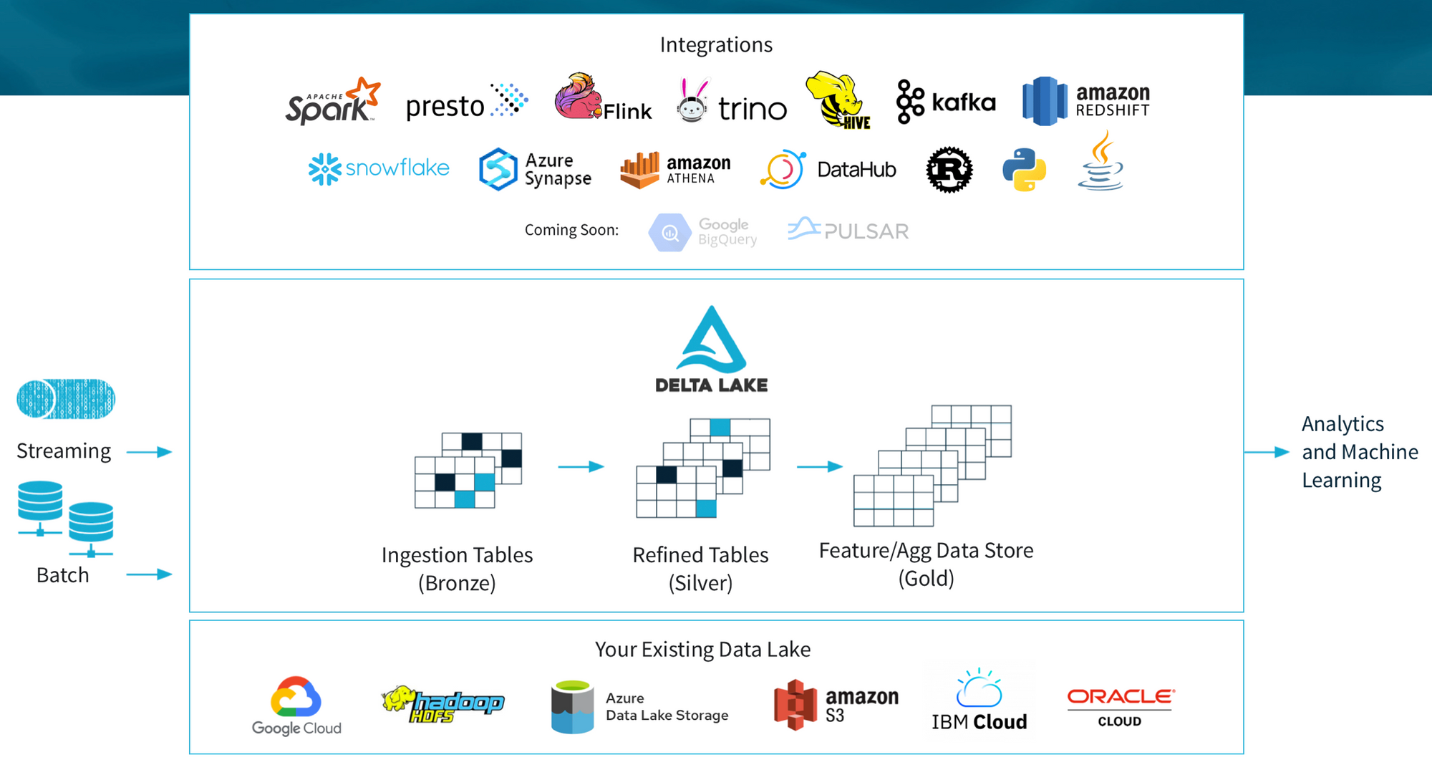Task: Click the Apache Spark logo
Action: pos(333,101)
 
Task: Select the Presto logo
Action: pos(467,102)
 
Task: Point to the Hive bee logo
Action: pos(838,100)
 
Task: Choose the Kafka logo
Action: pos(946,102)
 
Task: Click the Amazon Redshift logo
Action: pos(1086,101)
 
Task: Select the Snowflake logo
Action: pos(379,169)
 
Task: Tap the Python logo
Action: pos(1024,170)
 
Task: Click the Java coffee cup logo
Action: pos(1100,160)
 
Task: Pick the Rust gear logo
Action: pos(949,170)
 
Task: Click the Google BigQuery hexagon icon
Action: pos(669,232)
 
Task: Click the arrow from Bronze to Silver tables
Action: pos(581,467)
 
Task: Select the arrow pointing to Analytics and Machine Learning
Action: pos(1267,452)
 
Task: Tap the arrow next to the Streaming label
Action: pos(150,452)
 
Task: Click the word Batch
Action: pos(63,575)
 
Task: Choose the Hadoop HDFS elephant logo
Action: pos(442,704)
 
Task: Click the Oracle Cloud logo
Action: pos(1121,708)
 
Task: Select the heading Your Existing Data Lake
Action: pos(702,650)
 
